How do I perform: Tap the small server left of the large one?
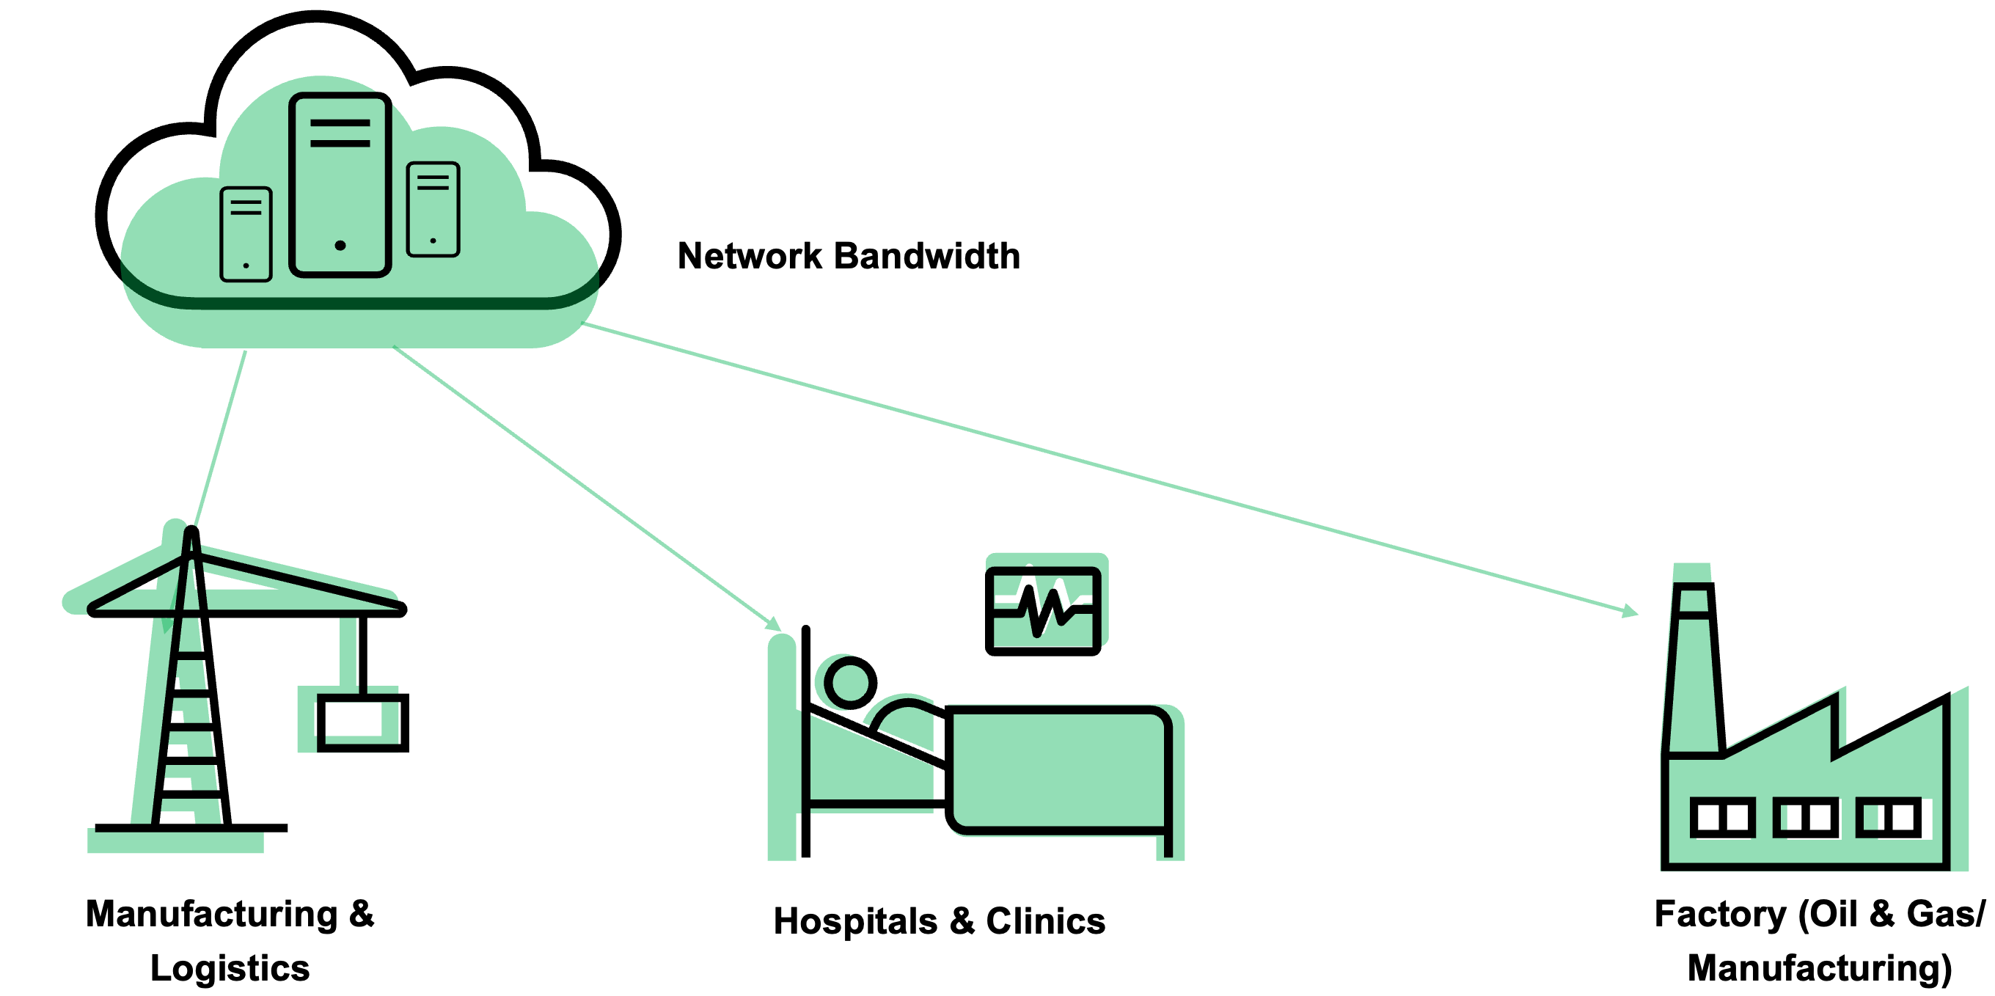[246, 234]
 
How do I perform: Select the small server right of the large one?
[433, 209]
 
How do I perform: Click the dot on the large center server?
[340, 246]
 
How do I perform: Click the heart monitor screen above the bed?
[1042, 611]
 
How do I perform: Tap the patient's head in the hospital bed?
[850, 683]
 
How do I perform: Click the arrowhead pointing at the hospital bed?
[774, 624]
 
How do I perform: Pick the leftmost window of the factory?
[1721, 817]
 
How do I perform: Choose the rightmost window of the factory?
[1888, 817]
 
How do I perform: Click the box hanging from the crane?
[362, 722]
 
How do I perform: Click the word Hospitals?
[855, 921]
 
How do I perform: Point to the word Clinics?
[1045, 921]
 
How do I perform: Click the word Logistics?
[230, 968]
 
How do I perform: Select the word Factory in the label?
[1719, 914]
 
